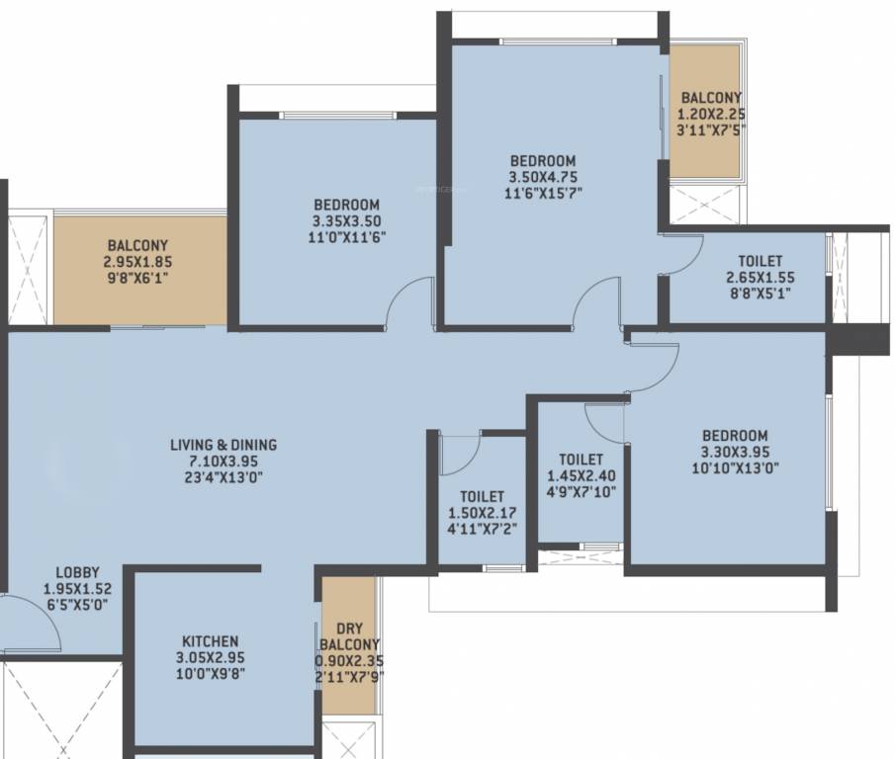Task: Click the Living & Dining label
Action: click(224, 445)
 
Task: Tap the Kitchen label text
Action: click(210, 641)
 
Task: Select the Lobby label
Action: click(77, 572)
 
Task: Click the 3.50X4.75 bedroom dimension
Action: click(543, 178)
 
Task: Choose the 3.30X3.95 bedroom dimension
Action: click(734, 453)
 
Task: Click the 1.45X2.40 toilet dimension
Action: click(581, 475)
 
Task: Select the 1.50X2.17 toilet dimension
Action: click(482, 513)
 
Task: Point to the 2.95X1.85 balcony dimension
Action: click(137, 262)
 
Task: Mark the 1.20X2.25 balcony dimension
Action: click(711, 114)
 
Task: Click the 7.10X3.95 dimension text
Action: click(224, 462)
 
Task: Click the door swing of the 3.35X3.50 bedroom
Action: click(408, 301)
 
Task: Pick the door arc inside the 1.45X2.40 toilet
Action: click(603, 423)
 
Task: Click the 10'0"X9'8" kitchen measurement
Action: click(210, 675)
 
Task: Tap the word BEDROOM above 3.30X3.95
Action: click(734, 436)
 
